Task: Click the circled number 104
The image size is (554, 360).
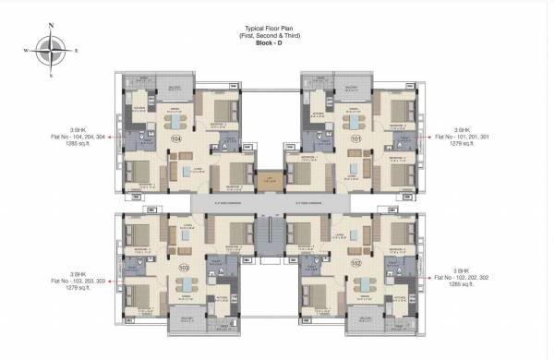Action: tap(177, 139)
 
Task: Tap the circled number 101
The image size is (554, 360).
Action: tap(356, 139)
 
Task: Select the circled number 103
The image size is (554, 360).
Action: tap(184, 268)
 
